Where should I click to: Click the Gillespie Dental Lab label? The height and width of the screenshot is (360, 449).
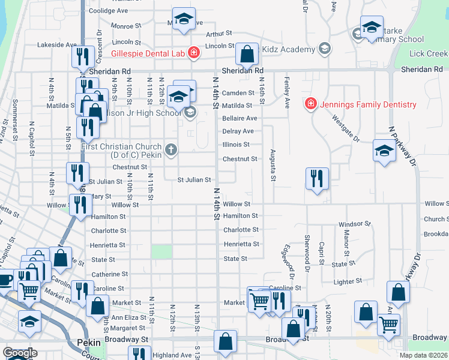coord(147,53)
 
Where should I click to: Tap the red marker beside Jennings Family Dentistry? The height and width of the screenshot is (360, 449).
coord(310,104)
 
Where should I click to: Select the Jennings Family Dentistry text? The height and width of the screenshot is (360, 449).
coord(367,104)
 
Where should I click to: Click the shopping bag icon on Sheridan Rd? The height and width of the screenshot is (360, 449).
coord(247,55)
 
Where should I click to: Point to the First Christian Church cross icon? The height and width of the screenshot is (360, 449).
coord(171,149)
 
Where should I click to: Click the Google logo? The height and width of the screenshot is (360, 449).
coord(19,353)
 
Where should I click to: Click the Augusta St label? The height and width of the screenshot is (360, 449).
coord(273,165)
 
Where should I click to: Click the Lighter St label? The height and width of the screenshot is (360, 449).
coord(348,280)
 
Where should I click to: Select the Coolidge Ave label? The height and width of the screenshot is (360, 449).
coord(108,11)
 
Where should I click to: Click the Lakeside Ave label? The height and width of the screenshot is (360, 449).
coord(57,44)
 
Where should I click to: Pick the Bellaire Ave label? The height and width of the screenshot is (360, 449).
coord(240,118)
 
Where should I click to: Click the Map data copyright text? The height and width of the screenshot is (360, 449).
coord(424,355)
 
